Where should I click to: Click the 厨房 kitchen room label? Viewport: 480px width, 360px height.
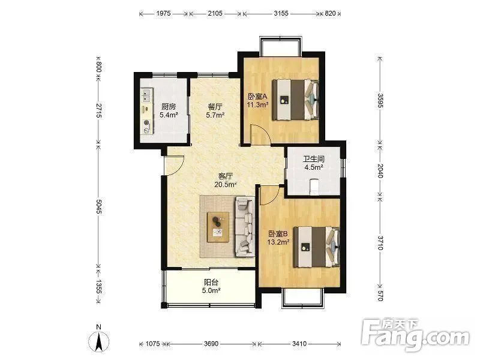(169, 107)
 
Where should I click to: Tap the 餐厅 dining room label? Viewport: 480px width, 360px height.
(215, 107)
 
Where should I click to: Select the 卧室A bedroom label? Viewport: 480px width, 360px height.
(257, 97)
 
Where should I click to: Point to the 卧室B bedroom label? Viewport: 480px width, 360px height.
(278, 234)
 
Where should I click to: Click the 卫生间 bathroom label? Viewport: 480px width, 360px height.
(314, 159)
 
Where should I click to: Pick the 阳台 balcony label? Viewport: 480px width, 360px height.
(211, 282)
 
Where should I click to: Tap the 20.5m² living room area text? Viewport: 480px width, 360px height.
(226, 184)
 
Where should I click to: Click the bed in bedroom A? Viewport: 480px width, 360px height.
(295, 100)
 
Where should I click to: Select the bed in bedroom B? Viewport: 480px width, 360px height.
(317, 247)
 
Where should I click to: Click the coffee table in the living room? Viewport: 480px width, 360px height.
(218, 226)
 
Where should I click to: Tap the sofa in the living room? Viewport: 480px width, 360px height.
(245, 227)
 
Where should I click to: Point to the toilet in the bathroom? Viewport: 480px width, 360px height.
(314, 187)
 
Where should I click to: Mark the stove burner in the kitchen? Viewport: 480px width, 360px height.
(147, 123)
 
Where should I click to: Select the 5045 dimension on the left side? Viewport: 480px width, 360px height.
(98, 206)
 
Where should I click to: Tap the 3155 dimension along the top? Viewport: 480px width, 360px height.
(281, 13)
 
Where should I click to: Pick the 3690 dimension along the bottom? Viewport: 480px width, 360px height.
(211, 344)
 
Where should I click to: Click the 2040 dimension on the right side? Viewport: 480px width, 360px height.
(380, 170)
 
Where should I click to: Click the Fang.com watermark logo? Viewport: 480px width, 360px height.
(415, 335)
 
